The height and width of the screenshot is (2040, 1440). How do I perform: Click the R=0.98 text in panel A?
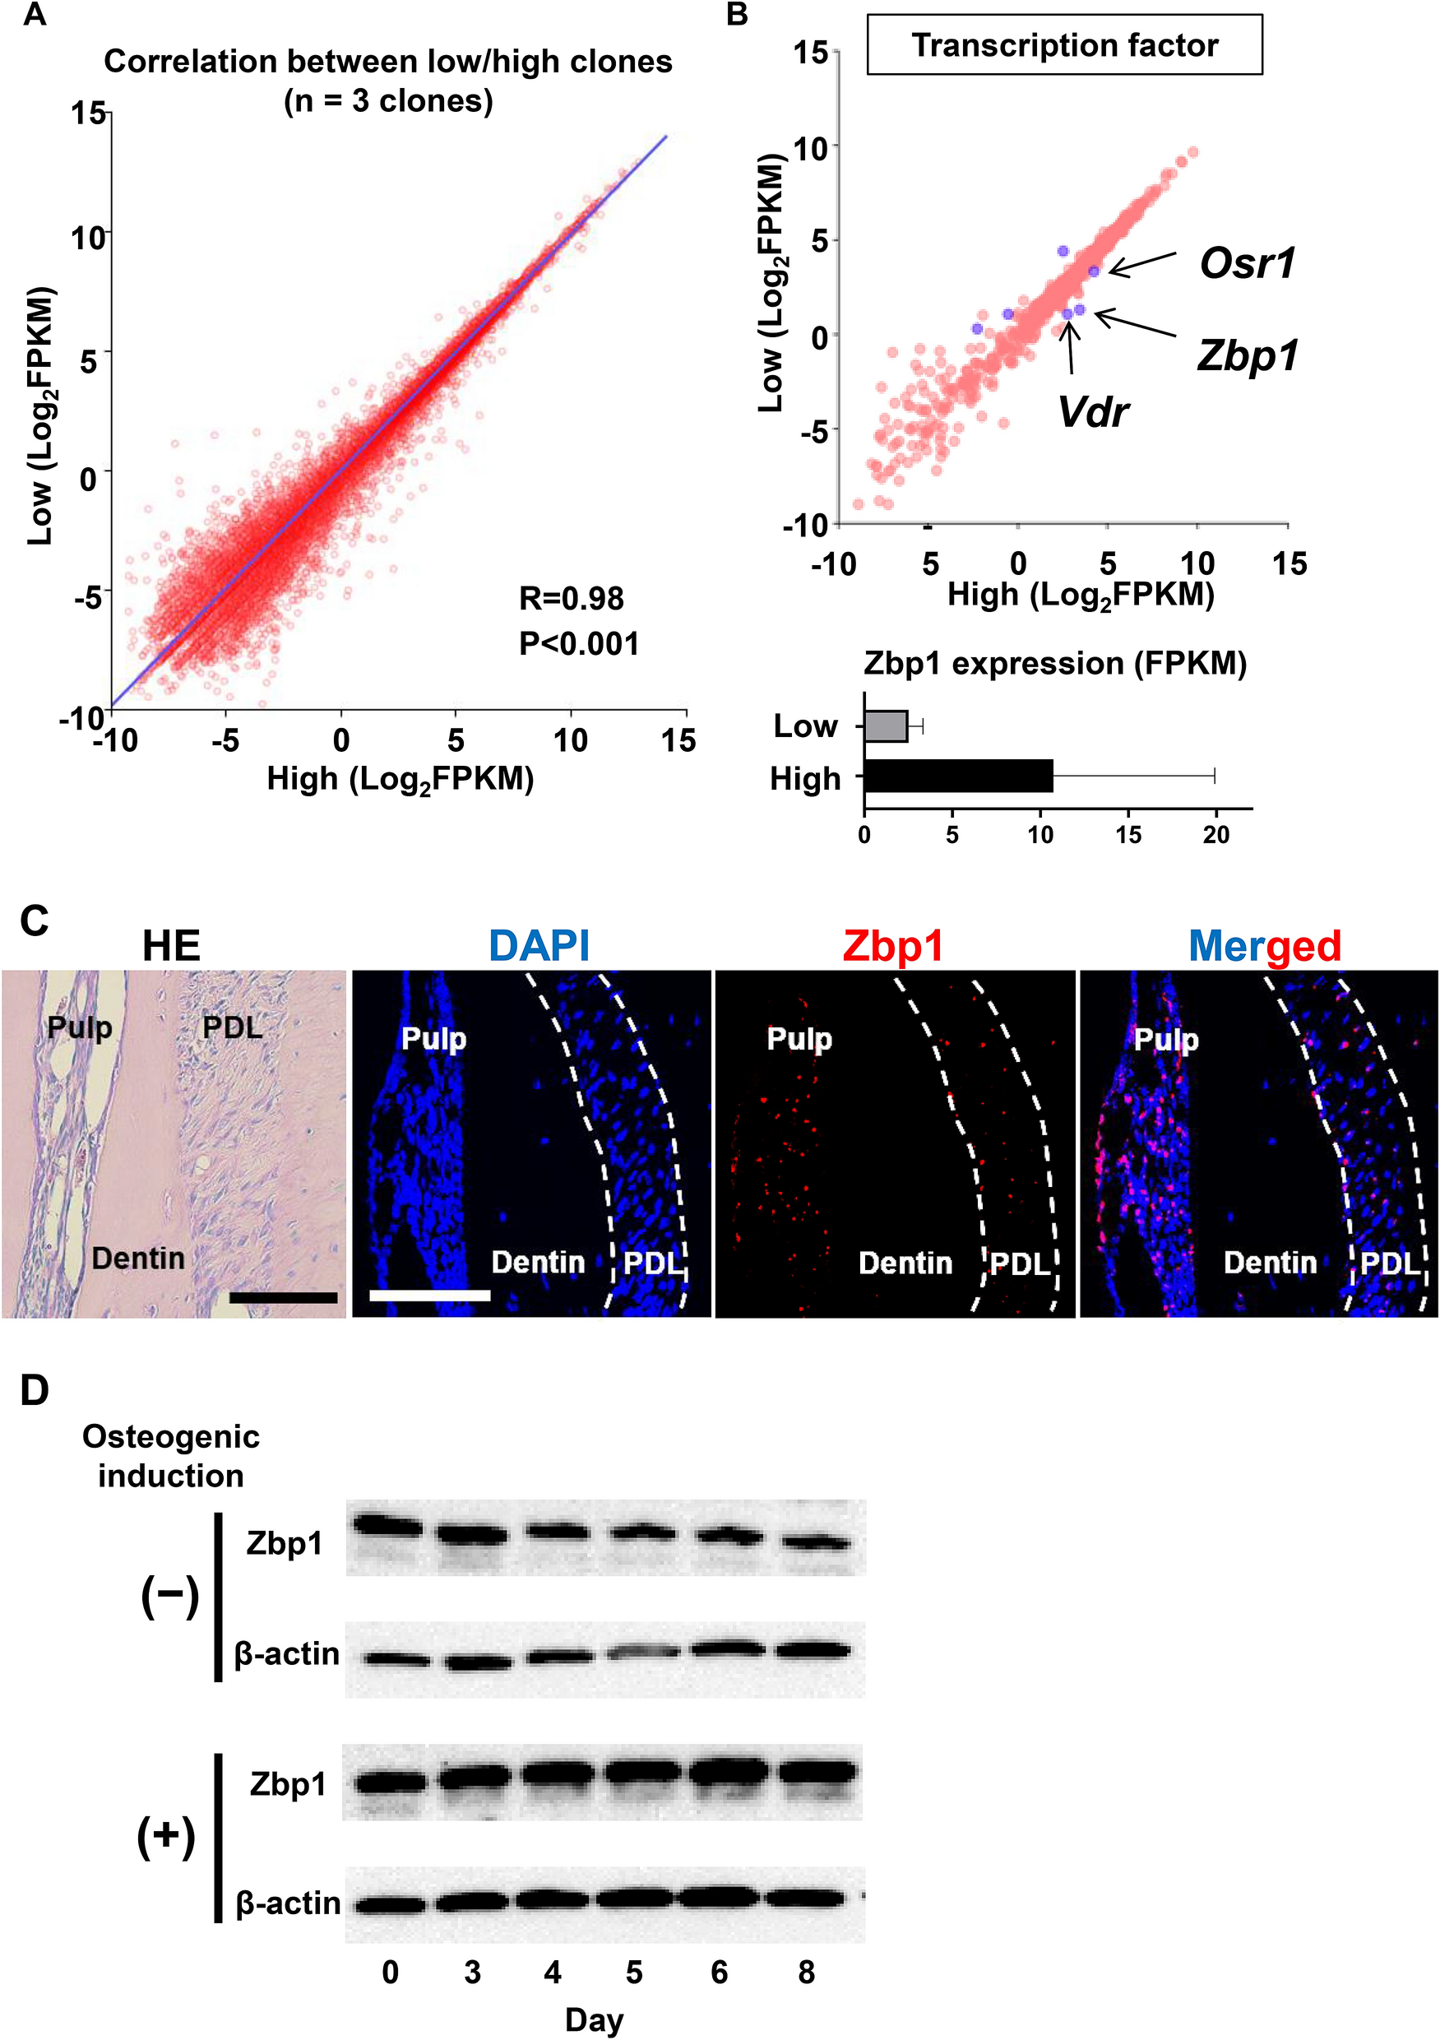pyautogui.click(x=572, y=599)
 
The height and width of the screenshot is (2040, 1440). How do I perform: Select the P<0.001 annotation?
pyautogui.click(x=578, y=644)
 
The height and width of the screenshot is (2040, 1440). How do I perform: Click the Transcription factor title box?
pyautogui.click(x=1064, y=44)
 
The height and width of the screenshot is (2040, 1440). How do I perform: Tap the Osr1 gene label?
pyautogui.click(x=1248, y=264)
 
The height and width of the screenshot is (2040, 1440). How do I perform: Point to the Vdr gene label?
pyautogui.click(x=1093, y=412)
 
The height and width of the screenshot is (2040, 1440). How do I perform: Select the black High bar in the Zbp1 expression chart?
pyautogui.click(x=957, y=776)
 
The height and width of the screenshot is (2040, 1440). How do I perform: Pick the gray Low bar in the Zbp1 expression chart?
pyautogui.click(x=886, y=726)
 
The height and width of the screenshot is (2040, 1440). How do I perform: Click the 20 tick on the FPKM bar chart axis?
pyautogui.click(x=1215, y=835)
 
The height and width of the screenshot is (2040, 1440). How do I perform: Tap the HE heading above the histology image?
pyautogui.click(x=171, y=946)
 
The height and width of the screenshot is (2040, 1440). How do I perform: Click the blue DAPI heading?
pyautogui.click(x=539, y=946)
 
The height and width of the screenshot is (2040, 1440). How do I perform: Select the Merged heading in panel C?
pyautogui.click(x=1264, y=946)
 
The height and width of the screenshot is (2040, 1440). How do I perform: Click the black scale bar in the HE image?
pyautogui.click(x=283, y=1298)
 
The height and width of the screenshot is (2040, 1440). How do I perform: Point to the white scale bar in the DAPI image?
pyautogui.click(x=429, y=1296)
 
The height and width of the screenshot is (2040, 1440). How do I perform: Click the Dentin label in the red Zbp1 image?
pyautogui.click(x=905, y=1263)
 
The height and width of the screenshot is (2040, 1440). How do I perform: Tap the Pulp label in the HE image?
pyautogui.click(x=79, y=1028)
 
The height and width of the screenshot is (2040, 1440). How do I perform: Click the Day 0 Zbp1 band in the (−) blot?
pyautogui.click(x=388, y=1527)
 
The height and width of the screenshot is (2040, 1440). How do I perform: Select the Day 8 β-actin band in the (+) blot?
pyautogui.click(x=805, y=1899)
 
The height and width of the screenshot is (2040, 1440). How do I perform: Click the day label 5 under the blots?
pyautogui.click(x=633, y=1973)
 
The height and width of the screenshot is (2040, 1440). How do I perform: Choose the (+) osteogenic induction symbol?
pyautogui.click(x=166, y=1838)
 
